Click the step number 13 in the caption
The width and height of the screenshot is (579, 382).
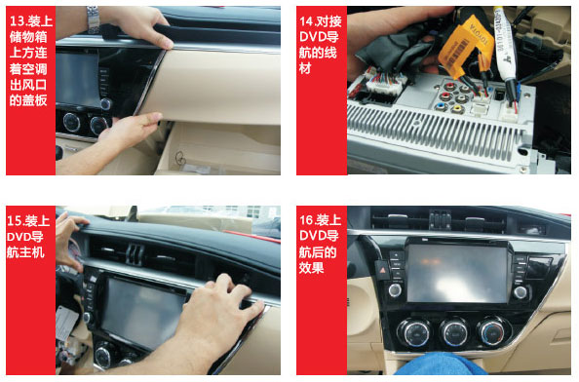[17, 21]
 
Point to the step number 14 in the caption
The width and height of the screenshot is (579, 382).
[307, 21]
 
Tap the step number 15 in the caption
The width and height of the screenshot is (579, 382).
[15, 220]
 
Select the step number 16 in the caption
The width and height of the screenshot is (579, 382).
[306, 220]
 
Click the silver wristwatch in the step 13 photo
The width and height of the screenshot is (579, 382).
[93, 19]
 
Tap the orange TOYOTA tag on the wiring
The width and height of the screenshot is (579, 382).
[466, 45]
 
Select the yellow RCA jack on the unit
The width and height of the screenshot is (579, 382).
[457, 108]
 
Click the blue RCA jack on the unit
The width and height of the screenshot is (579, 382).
[441, 106]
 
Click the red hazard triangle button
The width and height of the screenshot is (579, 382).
[383, 270]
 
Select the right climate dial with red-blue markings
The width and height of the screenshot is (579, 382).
[492, 331]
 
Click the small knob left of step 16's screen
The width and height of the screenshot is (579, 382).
[395, 290]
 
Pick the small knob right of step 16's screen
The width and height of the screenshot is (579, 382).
[520, 292]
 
